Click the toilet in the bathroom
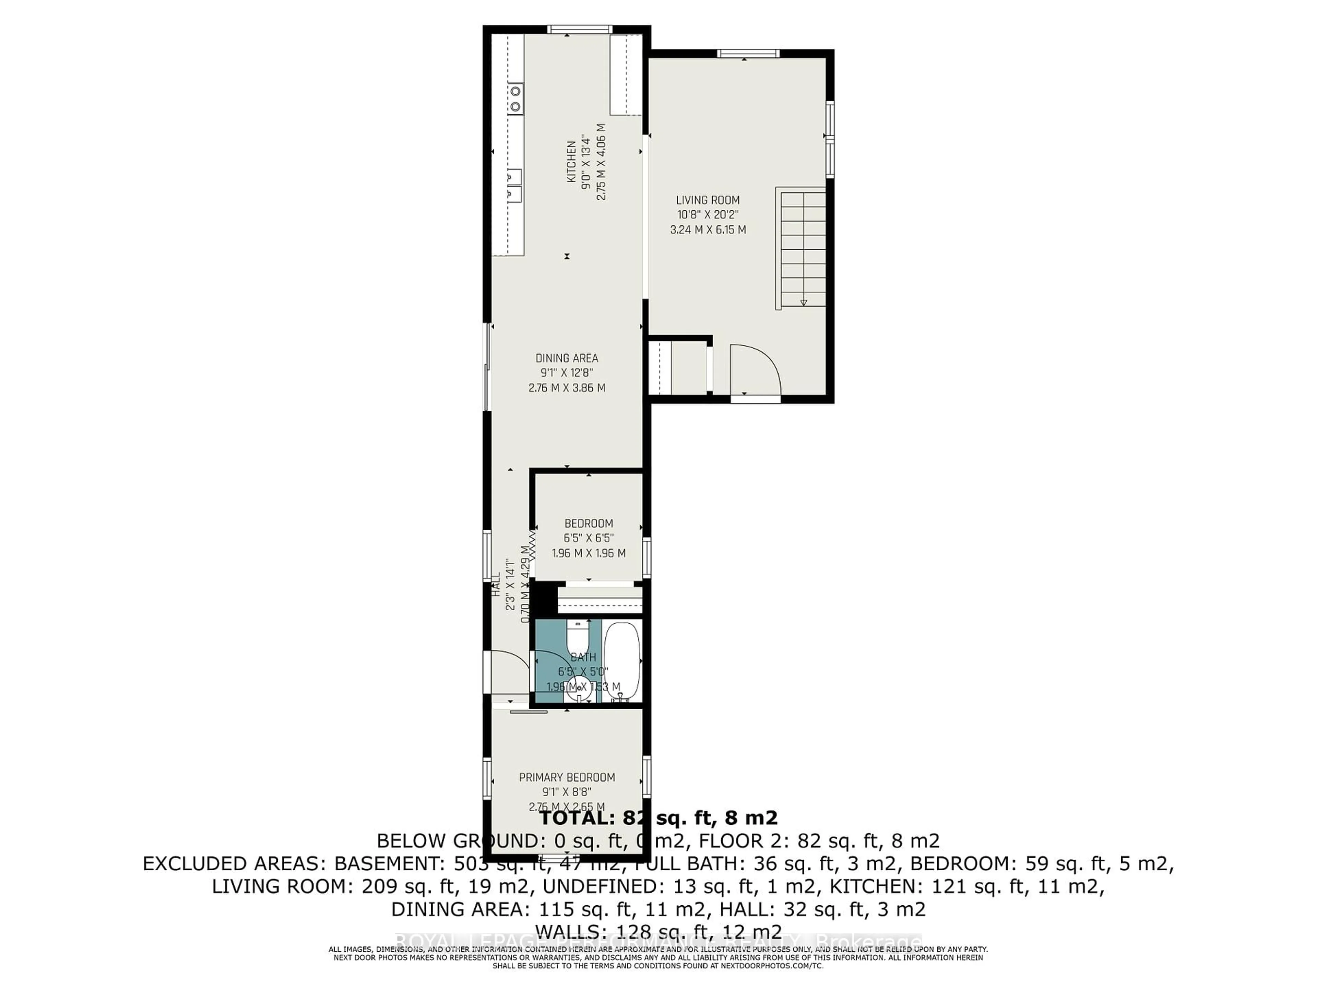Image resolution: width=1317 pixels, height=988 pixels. pyautogui.click(x=576, y=637)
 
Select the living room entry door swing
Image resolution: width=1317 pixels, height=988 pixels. pyautogui.click(x=753, y=369)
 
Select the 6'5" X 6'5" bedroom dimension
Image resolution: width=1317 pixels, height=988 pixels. pyautogui.click(x=588, y=538)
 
